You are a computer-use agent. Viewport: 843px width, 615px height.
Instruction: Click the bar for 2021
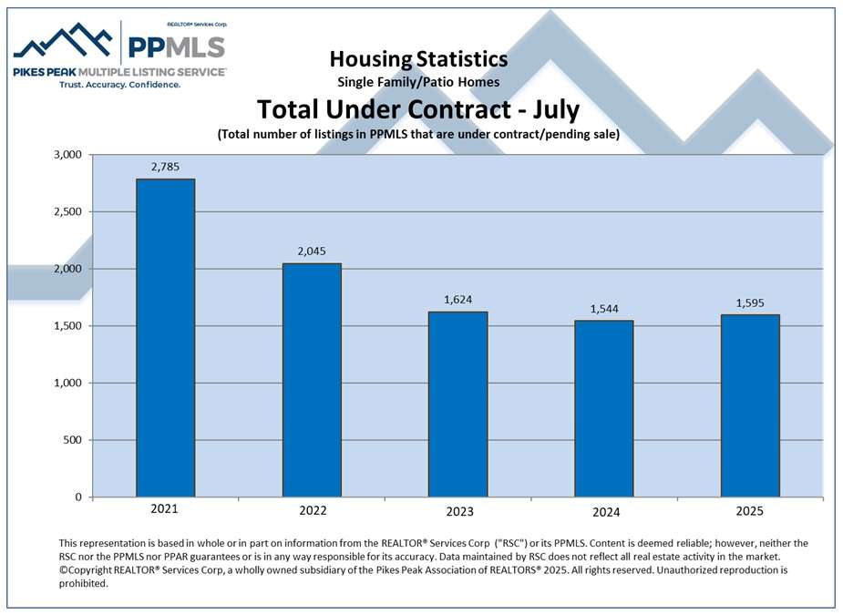click(165, 337)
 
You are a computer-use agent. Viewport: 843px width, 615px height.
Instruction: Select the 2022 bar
click(312, 380)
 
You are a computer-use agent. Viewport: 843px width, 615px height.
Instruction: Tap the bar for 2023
click(457, 404)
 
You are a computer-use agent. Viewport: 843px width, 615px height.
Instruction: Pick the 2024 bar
click(603, 408)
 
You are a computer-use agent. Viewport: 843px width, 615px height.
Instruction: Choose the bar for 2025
click(750, 405)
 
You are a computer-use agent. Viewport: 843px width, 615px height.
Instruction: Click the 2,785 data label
click(165, 167)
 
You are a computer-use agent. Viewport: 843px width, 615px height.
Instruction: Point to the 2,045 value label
click(312, 251)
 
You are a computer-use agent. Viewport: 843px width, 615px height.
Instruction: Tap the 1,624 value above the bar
click(457, 300)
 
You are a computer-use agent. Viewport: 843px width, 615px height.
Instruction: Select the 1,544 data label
click(603, 309)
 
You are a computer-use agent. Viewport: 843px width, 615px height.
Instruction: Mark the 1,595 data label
click(750, 303)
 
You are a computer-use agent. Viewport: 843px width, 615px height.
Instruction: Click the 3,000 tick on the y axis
click(67, 155)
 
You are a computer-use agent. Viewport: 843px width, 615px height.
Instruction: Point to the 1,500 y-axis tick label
click(67, 326)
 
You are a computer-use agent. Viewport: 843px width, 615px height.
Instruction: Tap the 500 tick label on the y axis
click(74, 440)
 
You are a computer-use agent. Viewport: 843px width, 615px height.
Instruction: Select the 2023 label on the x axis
click(457, 510)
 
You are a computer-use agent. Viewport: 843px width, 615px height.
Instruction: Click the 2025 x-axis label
click(750, 510)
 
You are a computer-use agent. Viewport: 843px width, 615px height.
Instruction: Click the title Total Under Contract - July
click(418, 109)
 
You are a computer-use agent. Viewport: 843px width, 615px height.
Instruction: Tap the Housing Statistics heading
click(418, 59)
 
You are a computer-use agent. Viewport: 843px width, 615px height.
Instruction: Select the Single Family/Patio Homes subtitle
click(418, 82)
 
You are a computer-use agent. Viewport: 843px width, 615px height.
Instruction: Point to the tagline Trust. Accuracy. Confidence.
click(119, 84)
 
